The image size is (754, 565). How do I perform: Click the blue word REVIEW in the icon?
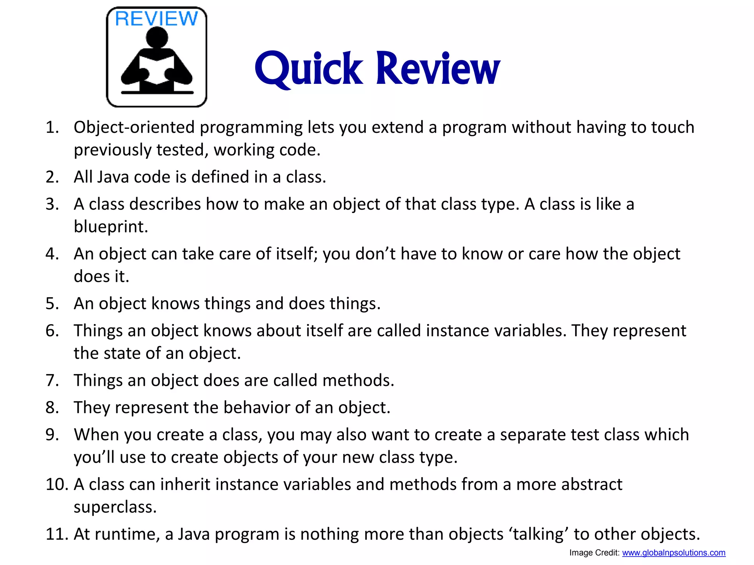pyautogui.click(x=156, y=19)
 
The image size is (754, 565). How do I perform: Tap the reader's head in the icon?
pyautogui.click(x=156, y=38)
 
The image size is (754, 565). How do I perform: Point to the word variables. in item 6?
pyautogui.click(x=530, y=331)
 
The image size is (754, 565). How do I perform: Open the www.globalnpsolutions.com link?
pyautogui.click(x=674, y=553)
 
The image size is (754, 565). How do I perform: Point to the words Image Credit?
pyautogui.click(x=594, y=553)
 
